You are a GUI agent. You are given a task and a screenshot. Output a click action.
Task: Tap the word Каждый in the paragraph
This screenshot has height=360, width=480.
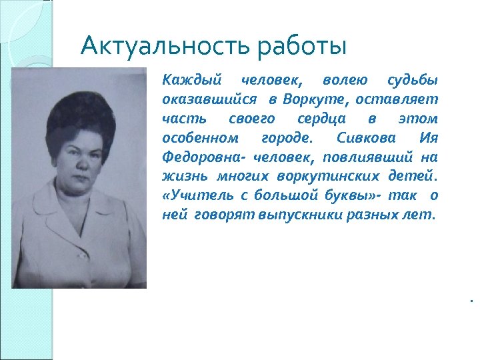coord(183,81)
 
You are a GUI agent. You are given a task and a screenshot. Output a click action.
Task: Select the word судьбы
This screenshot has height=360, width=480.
coord(413,81)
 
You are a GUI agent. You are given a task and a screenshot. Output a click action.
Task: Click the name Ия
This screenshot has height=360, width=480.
coord(428,138)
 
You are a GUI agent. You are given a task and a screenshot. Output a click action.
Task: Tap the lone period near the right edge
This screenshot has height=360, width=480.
coord(470,301)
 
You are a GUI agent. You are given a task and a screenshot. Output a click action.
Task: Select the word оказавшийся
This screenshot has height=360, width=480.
coord(209,100)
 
